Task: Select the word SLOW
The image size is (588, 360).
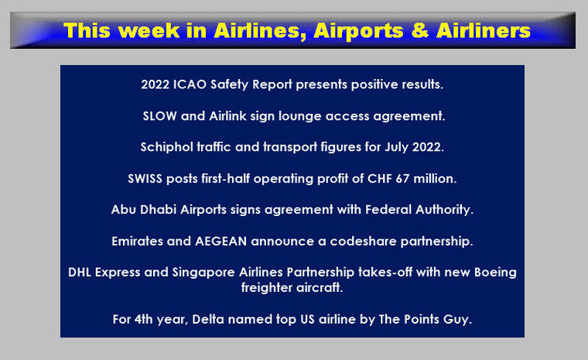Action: [159, 116]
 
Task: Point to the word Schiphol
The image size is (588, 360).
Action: [167, 147]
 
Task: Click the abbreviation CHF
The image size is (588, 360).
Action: [380, 179]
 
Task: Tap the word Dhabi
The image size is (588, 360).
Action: [158, 210]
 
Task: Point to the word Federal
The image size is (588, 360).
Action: [388, 210]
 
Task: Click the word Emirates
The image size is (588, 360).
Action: [137, 241]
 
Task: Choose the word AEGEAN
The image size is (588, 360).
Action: [220, 241]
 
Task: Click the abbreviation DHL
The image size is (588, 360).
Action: [80, 273]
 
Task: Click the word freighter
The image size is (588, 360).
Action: [267, 288]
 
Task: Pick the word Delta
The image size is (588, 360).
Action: [208, 320]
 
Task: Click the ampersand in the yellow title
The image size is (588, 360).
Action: [420, 31]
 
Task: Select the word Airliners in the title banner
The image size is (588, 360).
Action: [484, 31]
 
